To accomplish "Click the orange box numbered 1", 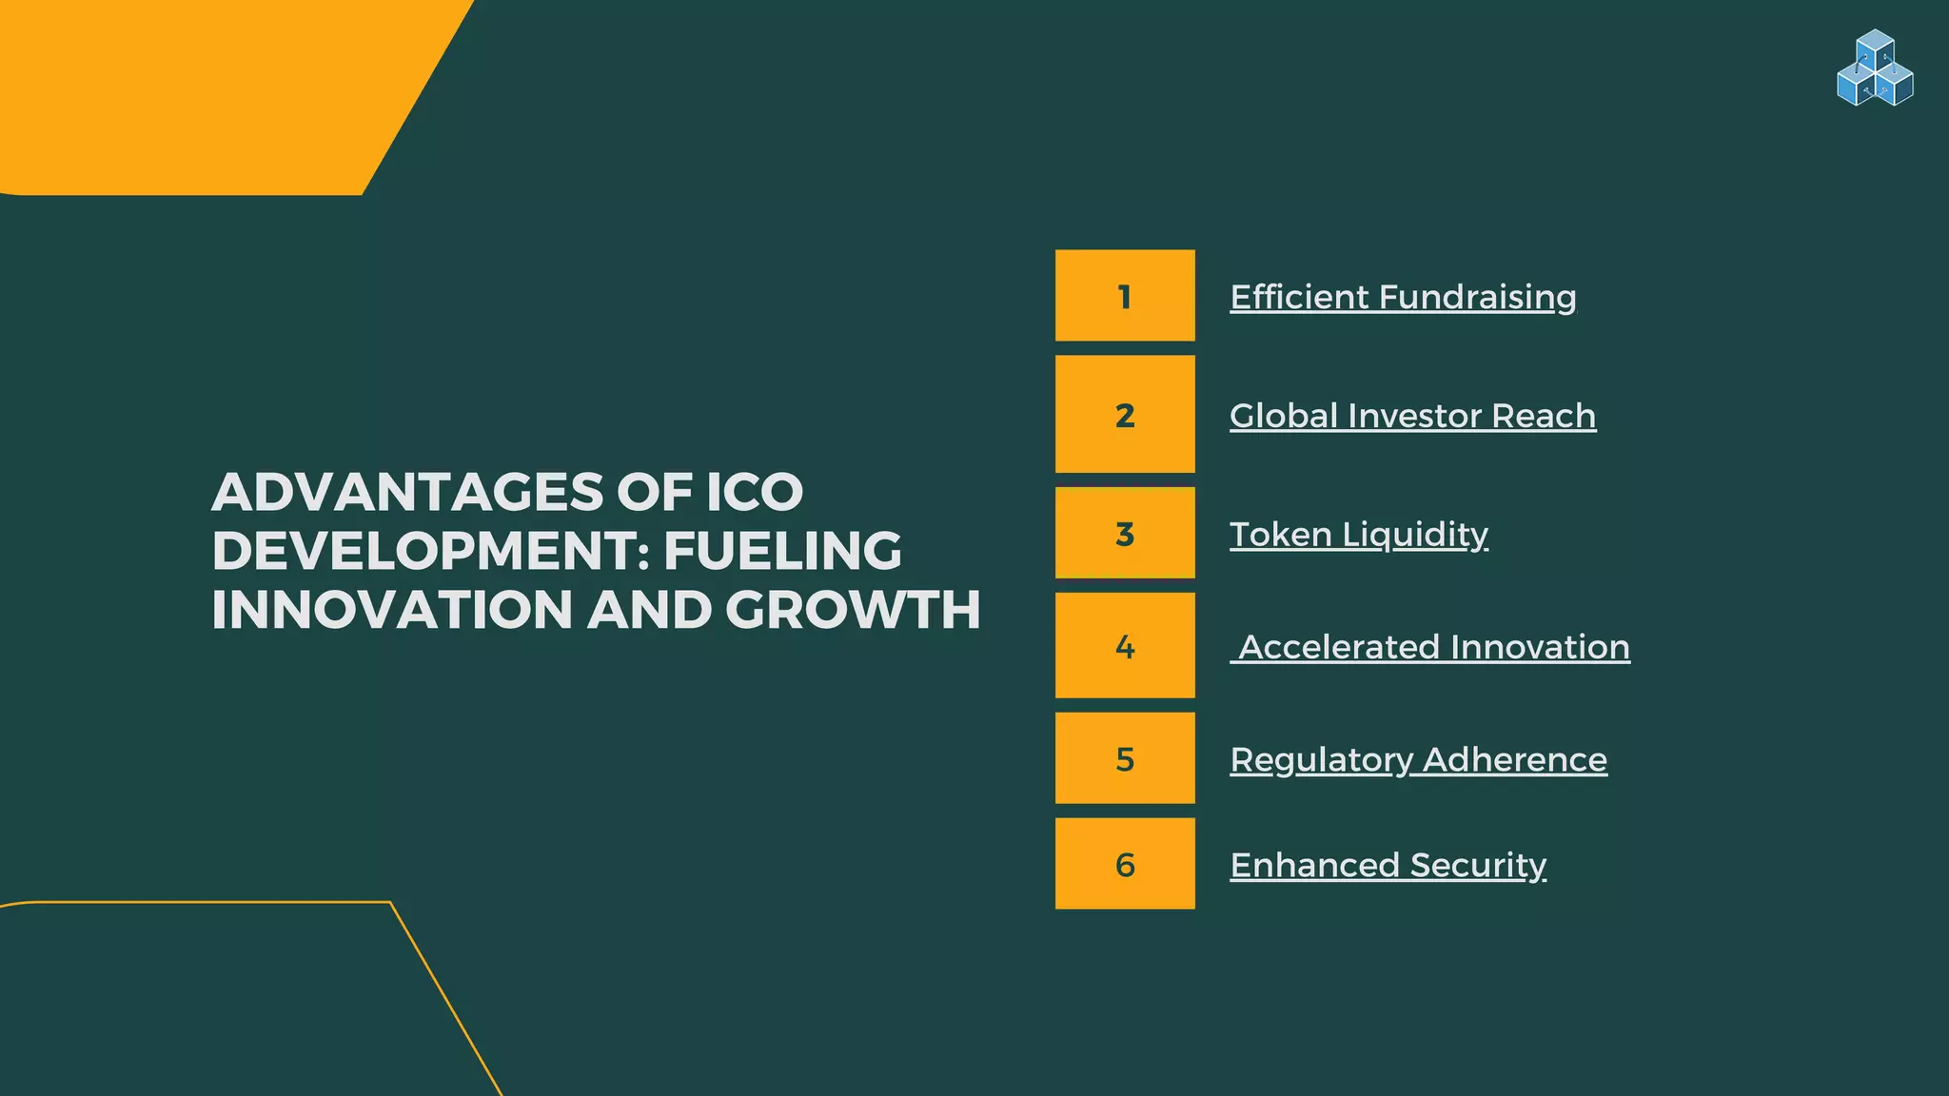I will (x=1125, y=296).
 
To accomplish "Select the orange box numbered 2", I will (x=1125, y=414).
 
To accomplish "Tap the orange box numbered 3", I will (x=1125, y=533).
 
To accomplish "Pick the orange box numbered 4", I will (x=1125, y=646).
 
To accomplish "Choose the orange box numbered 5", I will (x=1125, y=758).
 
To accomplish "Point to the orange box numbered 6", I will (x=1125, y=864).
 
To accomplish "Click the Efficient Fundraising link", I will (x=1403, y=297).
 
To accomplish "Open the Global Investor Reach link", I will (x=1412, y=416).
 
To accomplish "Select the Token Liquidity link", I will (x=1358, y=534).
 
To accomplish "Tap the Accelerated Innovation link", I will (x=1433, y=647).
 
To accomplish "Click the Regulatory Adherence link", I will (x=1418, y=759).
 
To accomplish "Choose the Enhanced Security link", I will (x=1388, y=865).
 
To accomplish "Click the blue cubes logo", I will (x=1875, y=68).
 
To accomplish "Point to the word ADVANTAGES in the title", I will (x=407, y=492).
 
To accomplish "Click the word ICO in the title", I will (x=754, y=492).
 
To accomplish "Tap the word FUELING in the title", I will (x=782, y=551).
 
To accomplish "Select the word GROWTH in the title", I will (x=853, y=610).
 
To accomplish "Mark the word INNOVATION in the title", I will (x=391, y=610).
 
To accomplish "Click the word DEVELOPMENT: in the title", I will (x=430, y=551).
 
